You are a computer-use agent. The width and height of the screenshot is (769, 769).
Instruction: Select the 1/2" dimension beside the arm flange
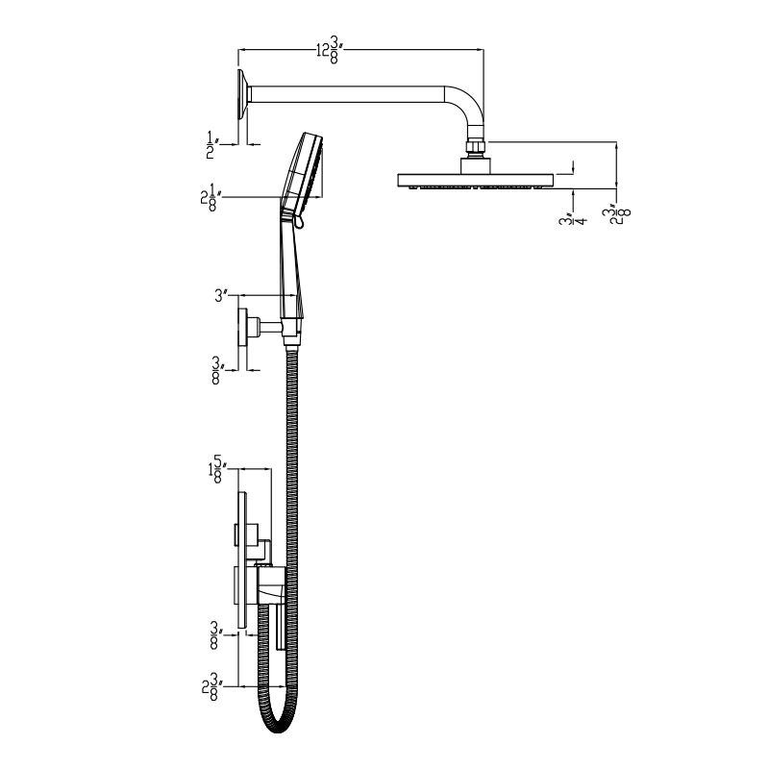pyautogui.click(x=210, y=143)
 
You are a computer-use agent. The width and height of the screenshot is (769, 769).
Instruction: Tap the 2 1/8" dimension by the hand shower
pyautogui.click(x=208, y=198)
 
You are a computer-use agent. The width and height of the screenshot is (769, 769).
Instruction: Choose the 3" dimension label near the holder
pyautogui.click(x=219, y=296)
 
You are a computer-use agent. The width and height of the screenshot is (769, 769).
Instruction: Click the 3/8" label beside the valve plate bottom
pyautogui.click(x=216, y=634)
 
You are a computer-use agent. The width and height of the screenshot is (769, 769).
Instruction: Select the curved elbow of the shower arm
pyautogui.click(x=471, y=111)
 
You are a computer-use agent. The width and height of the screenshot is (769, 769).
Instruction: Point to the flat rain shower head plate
pyautogui.click(x=476, y=180)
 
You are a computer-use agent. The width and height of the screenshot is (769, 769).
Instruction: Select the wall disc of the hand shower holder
pyautogui.click(x=243, y=327)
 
